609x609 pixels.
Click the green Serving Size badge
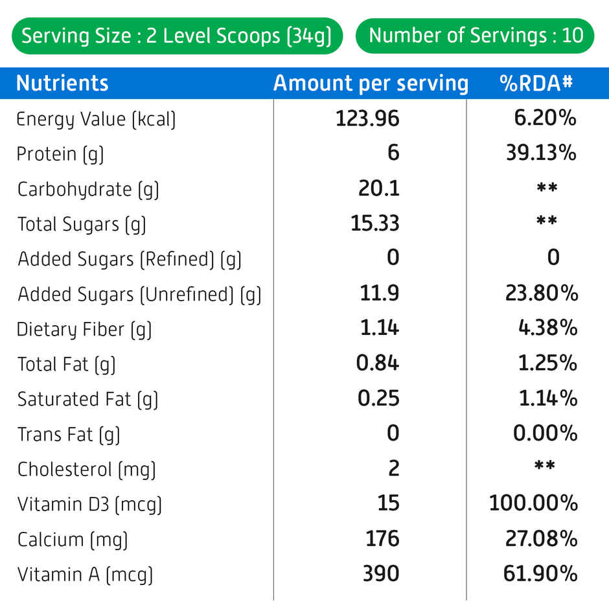[x=177, y=36]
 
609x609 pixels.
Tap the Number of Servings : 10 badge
[x=476, y=36]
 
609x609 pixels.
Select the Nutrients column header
[x=62, y=84]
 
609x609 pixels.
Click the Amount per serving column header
[x=370, y=84]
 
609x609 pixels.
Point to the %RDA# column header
[x=536, y=84]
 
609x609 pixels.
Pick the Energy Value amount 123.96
[x=367, y=119]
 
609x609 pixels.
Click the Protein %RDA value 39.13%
[x=541, y=154]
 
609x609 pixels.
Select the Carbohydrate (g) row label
[x=88, y=189]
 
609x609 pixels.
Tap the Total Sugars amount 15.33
[x=375, y=224]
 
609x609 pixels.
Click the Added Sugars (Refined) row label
[x=130, y=259]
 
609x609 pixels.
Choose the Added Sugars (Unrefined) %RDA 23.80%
[x=542, y=293]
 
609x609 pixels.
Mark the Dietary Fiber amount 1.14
[x=380, y=328]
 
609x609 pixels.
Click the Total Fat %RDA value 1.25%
[x=547, y=363]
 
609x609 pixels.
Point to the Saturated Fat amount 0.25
[x=378, y=398]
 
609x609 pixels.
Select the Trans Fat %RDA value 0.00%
[x=545, y=433]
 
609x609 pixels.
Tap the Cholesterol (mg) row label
[x=87, y=469]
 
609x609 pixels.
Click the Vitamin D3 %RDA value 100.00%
[x=533, y=503]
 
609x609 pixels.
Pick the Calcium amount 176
[x=382, y=538]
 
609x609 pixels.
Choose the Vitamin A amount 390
[x=381, y=573]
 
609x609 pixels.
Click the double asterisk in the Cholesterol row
[x=546, y=466]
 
